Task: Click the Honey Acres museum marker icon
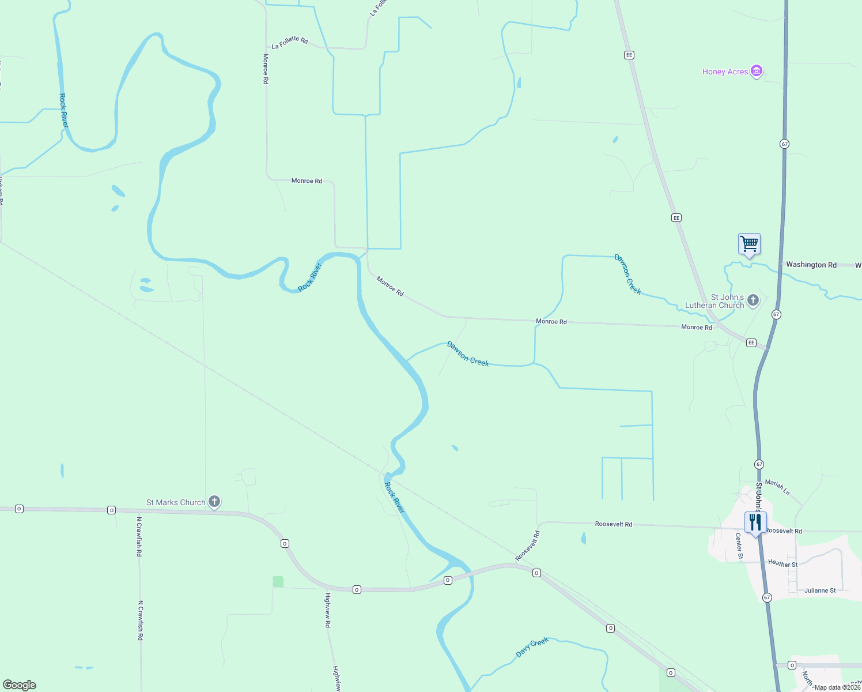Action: pos(757,72)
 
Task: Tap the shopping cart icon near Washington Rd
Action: pos(749,245)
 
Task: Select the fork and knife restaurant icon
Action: pos(755,522)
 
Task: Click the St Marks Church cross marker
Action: pos(214,502)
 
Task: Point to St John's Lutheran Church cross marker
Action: pos(753,300)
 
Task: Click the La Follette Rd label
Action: pos(290,42)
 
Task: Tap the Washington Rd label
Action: pos(811,265)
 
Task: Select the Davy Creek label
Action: pos(532,647)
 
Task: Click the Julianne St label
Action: pos(819,591)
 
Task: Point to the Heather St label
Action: pos(782,564)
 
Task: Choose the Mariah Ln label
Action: pos(777,487)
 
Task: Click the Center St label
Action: pos(739,546)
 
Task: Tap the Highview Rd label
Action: pos(327,610)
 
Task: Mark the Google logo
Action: pos(20,685)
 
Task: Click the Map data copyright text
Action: pos(837,687)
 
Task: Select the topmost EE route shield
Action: pos(629,55)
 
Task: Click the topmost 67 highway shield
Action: pos(785,144)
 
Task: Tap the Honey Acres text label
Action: pos(725,72)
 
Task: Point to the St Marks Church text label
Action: pos(176,502)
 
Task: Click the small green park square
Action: pos(278,581)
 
